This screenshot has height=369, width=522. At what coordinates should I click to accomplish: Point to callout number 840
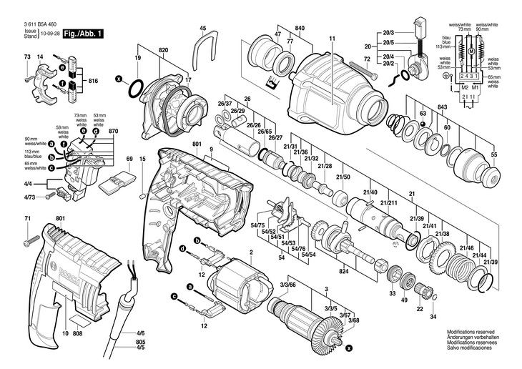(300, 28)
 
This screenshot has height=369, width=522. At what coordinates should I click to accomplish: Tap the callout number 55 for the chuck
(493, 154)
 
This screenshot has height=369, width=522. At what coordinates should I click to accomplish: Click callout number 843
(443, 107)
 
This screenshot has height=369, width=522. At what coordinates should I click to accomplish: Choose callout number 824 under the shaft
(343, 271)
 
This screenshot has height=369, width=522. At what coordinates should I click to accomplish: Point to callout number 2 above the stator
(251, 252)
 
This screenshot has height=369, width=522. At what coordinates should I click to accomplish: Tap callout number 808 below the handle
(77, 333)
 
